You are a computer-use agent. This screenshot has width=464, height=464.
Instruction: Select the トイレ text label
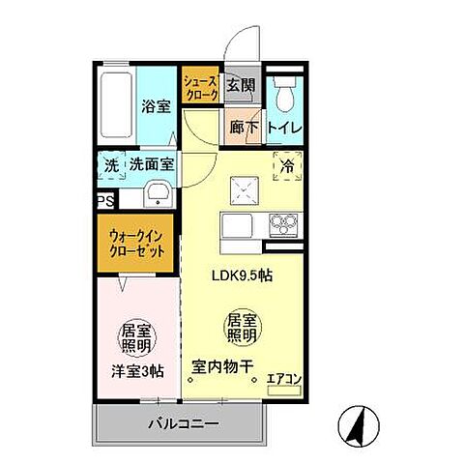pos(283,127)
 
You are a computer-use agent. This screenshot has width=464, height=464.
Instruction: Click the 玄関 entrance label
pos(240,85)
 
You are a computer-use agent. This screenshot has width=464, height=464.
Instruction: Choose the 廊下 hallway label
pos(243,126)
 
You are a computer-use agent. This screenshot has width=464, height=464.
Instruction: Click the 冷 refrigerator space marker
pos(286,165)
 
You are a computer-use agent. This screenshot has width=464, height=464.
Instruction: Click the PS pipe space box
pos(104,200)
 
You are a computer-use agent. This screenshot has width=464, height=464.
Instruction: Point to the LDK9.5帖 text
pos(242,275)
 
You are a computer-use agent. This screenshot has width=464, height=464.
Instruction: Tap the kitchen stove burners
pos(283,223)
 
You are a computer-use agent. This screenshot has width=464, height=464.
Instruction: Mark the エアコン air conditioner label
pos(283,378)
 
